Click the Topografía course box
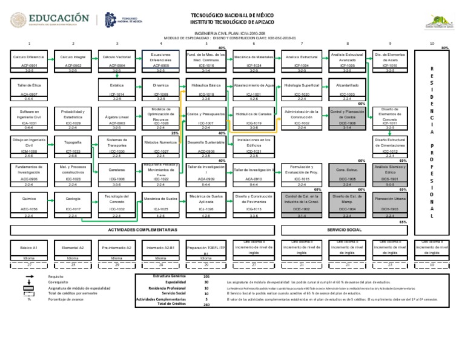73,145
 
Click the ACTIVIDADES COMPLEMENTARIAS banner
143,230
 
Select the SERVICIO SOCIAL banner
344,230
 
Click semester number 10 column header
432,44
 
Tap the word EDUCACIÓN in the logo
58,19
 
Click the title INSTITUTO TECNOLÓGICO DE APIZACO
232,21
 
